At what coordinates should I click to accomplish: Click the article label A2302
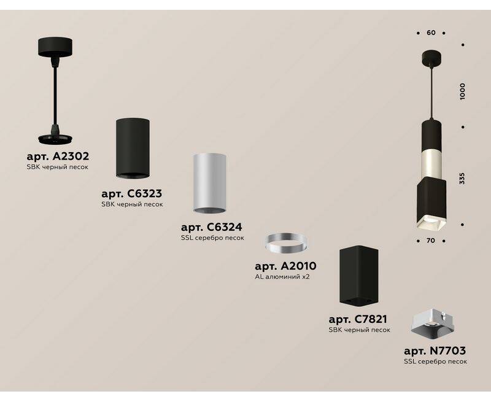(x=58, y=156)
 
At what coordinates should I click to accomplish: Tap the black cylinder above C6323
(x=133, y=149)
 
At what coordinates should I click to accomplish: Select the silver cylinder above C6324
(x=209, y=183)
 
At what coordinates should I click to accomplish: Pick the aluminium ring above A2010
(x=286, y=243)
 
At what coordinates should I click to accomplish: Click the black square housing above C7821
(x=359, y=275)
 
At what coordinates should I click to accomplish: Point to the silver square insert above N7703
(x=433, y=323)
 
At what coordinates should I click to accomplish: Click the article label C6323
(x=132, y=193)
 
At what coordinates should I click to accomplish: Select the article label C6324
(x=212, y=226)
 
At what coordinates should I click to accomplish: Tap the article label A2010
(x=285, y=266)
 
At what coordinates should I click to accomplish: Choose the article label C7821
(x=358, y=319)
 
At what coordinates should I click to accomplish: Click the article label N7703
(x=435, y=350)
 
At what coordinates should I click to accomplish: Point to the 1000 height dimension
(x=463, y=91)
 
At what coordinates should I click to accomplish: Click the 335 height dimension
(x=462, y=178)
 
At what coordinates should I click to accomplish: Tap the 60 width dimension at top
(x=431, y=33)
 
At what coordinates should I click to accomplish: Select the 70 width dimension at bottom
(x=431, y=241)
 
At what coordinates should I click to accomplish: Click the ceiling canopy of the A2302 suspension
(x=55, y=47)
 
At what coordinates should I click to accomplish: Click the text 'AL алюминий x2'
(x=282, y=277)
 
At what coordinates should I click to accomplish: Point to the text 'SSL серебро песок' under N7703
(x=435, y=361)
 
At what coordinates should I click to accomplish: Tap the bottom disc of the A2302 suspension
(x=55, y=139)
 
